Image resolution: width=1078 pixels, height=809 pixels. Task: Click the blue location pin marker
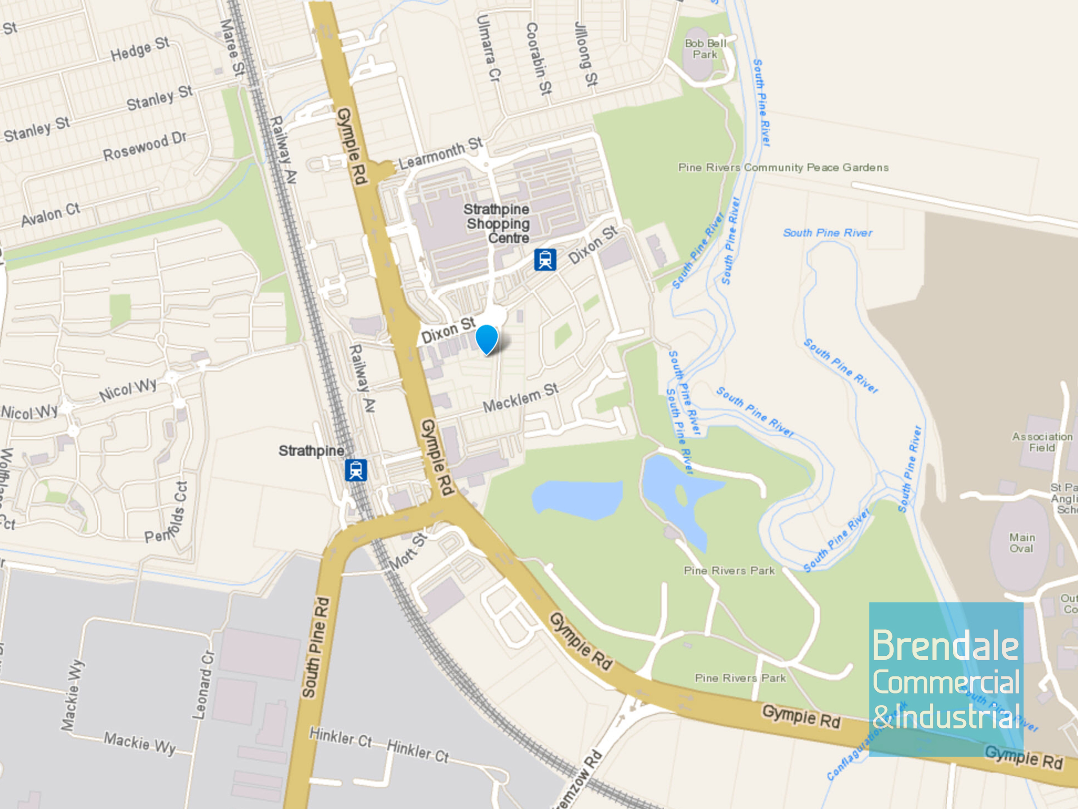486,338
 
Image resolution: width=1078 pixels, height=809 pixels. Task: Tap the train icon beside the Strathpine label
356,470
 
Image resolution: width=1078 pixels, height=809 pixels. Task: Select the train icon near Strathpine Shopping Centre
545,259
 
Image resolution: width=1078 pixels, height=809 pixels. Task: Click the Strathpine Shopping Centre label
497,224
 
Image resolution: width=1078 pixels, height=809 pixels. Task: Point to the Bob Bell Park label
705,49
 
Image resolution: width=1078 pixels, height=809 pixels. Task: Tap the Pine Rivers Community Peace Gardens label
783,167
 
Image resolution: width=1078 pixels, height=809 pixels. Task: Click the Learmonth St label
441,154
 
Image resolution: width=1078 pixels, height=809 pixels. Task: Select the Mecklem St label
521,398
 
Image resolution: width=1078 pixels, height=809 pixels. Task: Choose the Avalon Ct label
50,215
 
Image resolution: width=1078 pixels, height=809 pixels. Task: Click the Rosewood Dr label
145,146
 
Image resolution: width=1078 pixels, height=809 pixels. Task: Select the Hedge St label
140,49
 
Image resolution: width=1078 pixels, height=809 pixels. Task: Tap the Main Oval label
1021,543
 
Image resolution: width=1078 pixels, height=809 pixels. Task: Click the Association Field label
1042,442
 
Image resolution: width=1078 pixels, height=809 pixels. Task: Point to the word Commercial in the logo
946,682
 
